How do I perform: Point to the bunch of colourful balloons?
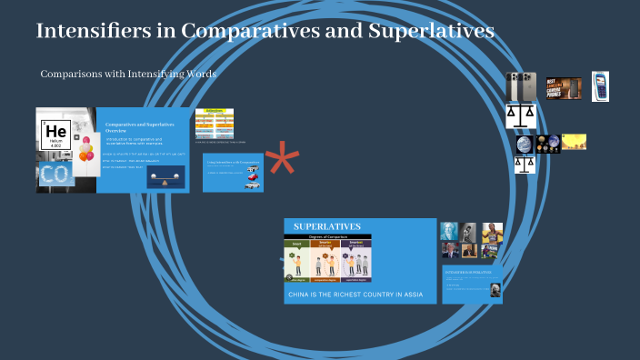86,149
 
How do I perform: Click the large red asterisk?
282,160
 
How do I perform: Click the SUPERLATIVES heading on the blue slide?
326,226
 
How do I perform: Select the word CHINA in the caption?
302,295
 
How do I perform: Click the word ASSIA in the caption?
413,295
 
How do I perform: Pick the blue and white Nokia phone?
600,86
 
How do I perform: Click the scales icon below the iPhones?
521,115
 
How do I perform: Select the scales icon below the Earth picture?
525,163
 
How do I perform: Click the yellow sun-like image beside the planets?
575,141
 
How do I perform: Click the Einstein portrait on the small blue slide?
494,289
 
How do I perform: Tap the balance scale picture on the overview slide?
165,178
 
